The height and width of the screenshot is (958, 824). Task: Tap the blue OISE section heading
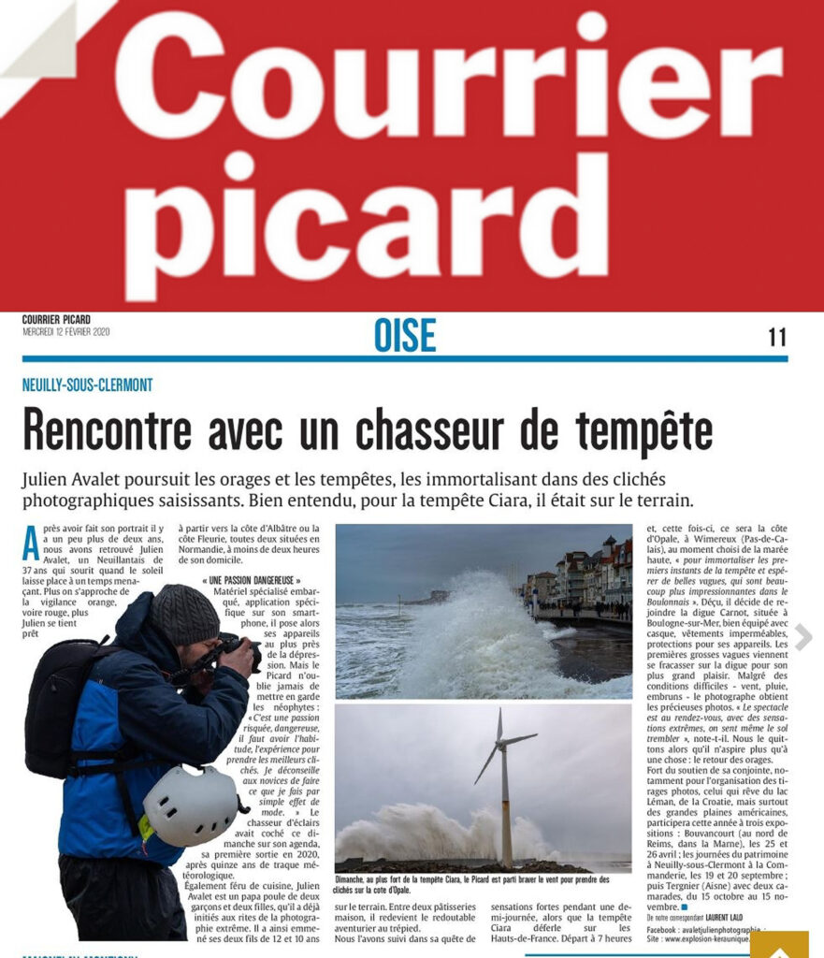pyautogui.click(x=404, y=336)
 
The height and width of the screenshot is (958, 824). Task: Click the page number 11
pyautogui.click(x=776, y=337)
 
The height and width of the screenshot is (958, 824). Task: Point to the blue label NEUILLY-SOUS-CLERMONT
pyautogui.click(x=87, y=385)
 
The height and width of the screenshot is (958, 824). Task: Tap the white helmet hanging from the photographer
pyautogui.click(x=192, y=805)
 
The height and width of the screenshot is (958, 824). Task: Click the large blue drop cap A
pyautogui.click(x=31, y=542)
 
